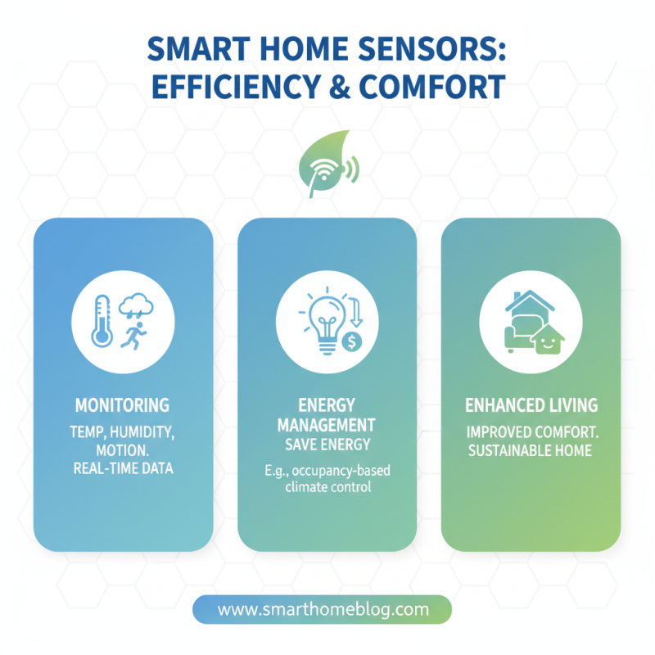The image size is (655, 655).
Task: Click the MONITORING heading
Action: point(123,405)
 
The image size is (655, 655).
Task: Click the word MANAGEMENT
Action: point(327,426)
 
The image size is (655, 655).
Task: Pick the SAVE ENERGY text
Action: point(327,445)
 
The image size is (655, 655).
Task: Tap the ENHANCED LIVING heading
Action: point(531,405)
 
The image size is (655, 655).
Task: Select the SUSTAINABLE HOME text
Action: point(531,450)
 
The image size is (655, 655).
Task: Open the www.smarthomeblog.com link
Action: point(323,610)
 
